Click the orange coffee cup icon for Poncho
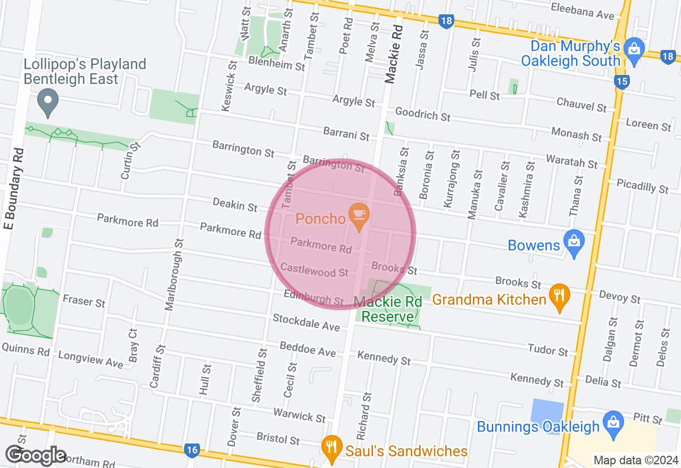click(359, 214)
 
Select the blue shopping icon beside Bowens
click(574, 242)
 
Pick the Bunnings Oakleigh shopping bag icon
click(613, 423)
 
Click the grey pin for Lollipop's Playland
click(48, 101)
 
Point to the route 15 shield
click(621, 81)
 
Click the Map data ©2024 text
click(635, 460)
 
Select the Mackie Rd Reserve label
click(388, 310)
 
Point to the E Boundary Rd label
click(14, 189)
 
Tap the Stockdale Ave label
click(306, 322)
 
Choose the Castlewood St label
click(314, 270)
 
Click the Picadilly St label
click(642, 186)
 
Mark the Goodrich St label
click(422, 114)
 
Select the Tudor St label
click(548, 349)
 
